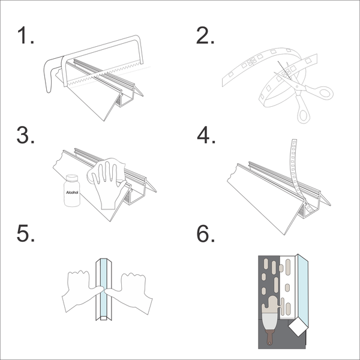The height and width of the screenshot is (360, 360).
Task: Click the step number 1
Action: pos(25,37)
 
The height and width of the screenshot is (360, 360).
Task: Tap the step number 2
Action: pos(206,37)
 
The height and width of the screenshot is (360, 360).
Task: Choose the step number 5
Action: pos(26,234)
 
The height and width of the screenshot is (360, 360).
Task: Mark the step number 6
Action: pos(206,234)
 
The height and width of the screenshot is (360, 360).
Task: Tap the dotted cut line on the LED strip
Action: pos(282,69)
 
